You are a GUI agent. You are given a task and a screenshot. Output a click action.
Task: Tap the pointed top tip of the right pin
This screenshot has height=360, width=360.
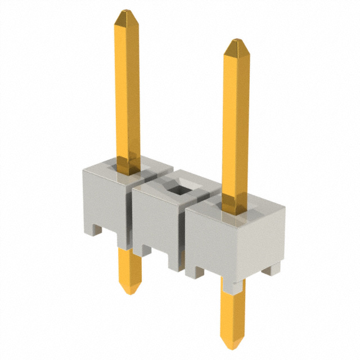click(236, 43)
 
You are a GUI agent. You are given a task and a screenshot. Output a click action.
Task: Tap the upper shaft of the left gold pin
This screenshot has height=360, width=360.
click(128, 90)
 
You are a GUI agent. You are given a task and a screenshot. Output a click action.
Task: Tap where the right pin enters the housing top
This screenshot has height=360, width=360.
click(236, 211)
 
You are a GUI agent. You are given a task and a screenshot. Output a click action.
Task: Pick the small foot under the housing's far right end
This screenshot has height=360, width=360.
click(271, 269)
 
